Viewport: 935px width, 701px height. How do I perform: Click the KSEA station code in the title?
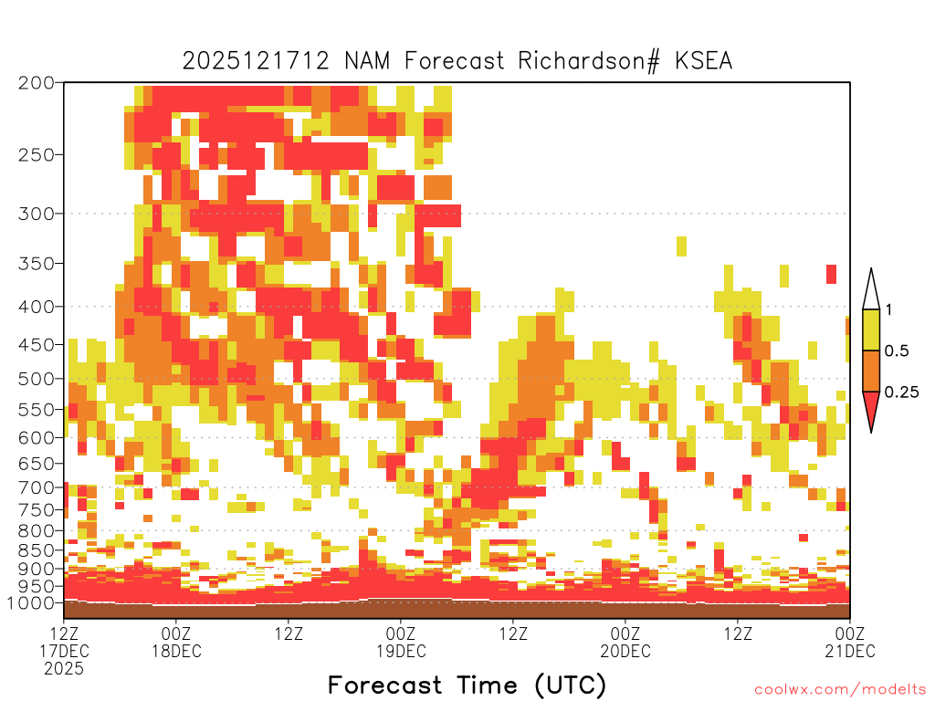tap(704, 61)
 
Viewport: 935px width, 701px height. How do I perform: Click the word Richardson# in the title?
tap(589, 61)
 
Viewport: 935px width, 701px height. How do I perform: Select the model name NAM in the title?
tap(367, 61)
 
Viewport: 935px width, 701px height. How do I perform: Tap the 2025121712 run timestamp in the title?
tap(256, 61)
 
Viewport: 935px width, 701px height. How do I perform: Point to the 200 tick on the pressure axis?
tap(36, 83)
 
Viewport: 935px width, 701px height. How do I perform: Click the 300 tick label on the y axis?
tap(36, 214)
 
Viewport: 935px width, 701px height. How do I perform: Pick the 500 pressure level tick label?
tap(36, 379)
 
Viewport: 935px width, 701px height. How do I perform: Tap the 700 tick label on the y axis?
tap(36, 487)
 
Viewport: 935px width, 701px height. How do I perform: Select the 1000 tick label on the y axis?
tap(31, 602)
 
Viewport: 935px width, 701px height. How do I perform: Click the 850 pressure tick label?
tap(36, 550)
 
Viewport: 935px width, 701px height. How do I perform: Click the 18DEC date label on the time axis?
tap(176, 651)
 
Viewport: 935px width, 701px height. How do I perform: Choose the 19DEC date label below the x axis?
tap(402, 651)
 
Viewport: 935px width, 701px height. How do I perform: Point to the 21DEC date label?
tap(850, 651)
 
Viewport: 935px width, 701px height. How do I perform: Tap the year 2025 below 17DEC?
tap(64, 669)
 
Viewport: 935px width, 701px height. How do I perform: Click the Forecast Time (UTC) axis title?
tap(467, 685)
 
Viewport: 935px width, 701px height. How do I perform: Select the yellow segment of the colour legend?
tap(871, 330)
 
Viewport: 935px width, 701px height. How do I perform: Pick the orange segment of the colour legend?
tap(871, 371)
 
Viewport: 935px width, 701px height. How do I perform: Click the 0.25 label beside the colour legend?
tap(901, 392)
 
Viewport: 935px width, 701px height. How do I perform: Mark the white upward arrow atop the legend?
tap(871, 289)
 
